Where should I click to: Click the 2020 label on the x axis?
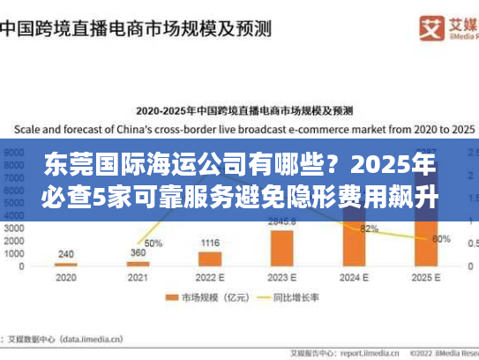[65, 276]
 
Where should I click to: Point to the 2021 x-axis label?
[138, 276]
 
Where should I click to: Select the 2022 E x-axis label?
[209, 276]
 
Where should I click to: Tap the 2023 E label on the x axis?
[281, 276]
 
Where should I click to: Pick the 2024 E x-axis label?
[354, 276]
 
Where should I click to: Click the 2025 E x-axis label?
[425, 276]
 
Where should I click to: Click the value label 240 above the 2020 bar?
[65, 253]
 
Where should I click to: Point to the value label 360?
[138, 252]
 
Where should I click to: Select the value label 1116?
[210, 243]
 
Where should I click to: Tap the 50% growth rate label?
[153, 243]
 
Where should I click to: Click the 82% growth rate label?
[370, 229]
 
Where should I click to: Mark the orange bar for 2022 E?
[210, 258]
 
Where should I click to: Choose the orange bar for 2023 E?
[281, 247]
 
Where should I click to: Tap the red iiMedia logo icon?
[407, 25]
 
